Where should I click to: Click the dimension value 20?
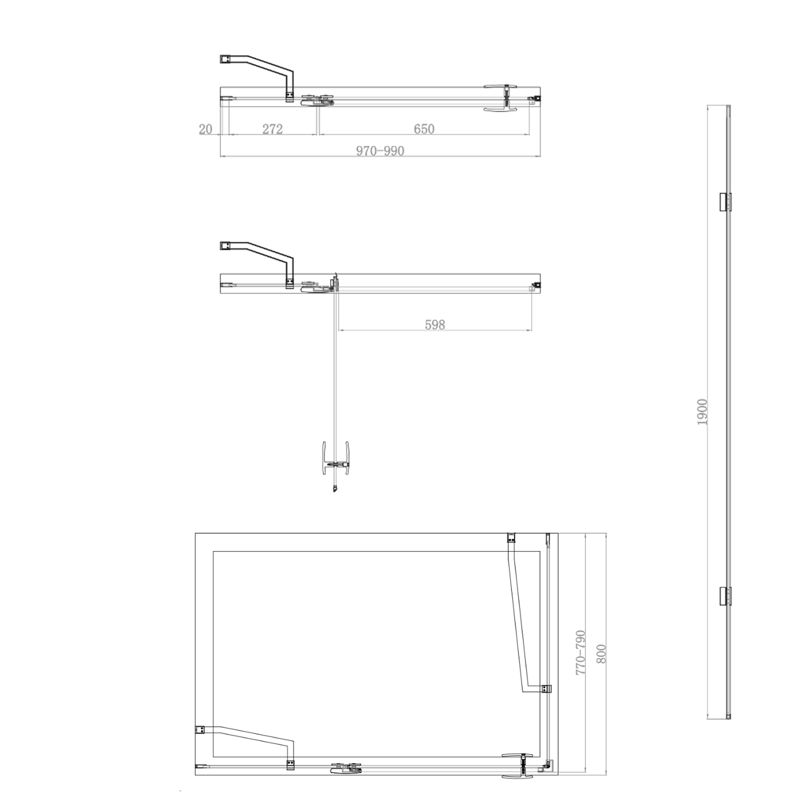click(x=206, y=129)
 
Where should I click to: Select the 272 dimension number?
click(x=273, y=129)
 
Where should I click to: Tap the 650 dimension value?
click(x=424, y=129)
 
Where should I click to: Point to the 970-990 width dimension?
click(x=380, y=151)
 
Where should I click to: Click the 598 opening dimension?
click(x=435, y=324)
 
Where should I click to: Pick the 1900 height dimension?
click(x=702, y=412)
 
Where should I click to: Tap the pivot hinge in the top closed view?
click(x=317, y=100)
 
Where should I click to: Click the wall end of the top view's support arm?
click(x=225, y=59)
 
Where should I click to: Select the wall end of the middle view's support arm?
click(x=225, y=246)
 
